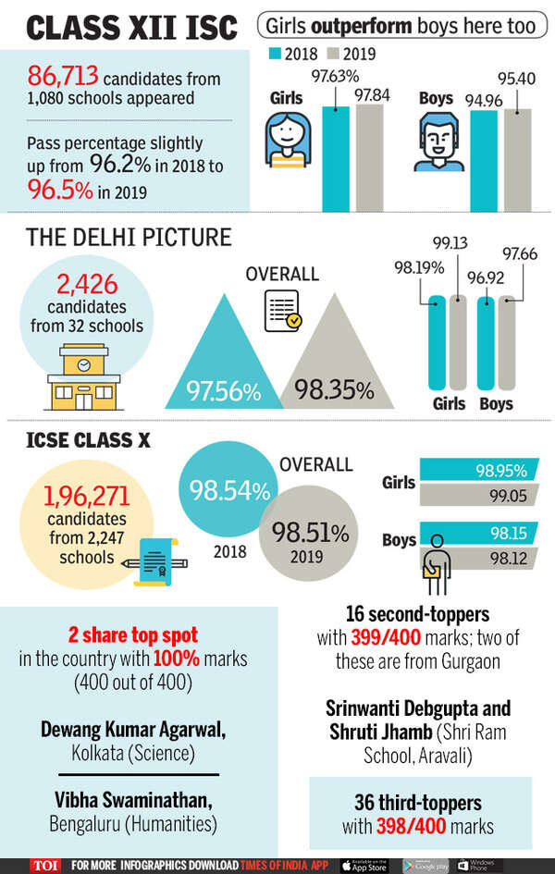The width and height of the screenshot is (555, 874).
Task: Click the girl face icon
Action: coord(288,140)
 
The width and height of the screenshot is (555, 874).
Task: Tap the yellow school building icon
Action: coord(82,376)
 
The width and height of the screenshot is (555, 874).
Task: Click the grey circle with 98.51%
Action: coord(309,540)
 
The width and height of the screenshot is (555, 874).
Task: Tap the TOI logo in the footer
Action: coord(43,865)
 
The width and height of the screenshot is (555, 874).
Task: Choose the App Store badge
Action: coord(367,865)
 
